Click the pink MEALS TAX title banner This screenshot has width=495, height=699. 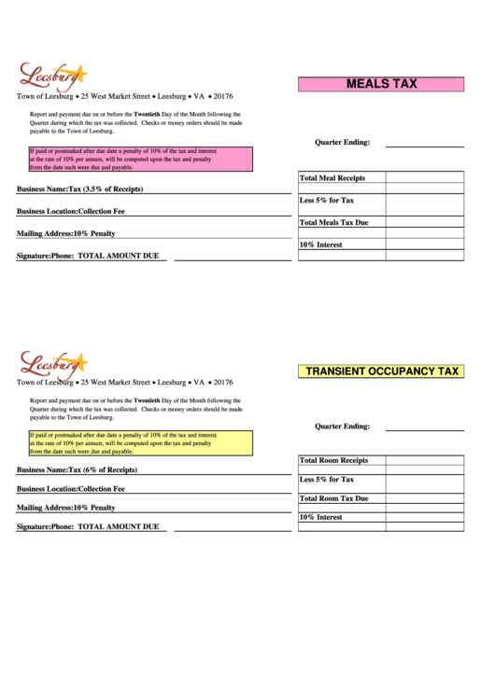point(381,84)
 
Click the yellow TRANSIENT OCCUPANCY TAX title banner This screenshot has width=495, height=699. point(381,371)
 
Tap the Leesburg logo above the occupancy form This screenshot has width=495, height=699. point(51,364)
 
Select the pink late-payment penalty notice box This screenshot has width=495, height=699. point(140,160)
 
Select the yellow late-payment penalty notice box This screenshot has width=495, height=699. point(140,442)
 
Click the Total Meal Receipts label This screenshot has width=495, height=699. point(332,178)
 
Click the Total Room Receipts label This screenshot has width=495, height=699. point(333,460)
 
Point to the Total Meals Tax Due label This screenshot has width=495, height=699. point(333,223)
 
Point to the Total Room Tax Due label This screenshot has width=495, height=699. point(333,498)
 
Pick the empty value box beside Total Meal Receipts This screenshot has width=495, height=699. point(424,178)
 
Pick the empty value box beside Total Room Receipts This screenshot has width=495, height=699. point(424,460)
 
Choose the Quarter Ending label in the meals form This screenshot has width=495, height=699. point(342,143)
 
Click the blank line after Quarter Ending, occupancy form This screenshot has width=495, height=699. point(424,428)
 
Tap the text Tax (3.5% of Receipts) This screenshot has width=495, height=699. point(106,189)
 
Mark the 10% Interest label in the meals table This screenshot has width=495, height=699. point(320,245)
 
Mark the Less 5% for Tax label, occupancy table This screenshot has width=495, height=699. point(326,480)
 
